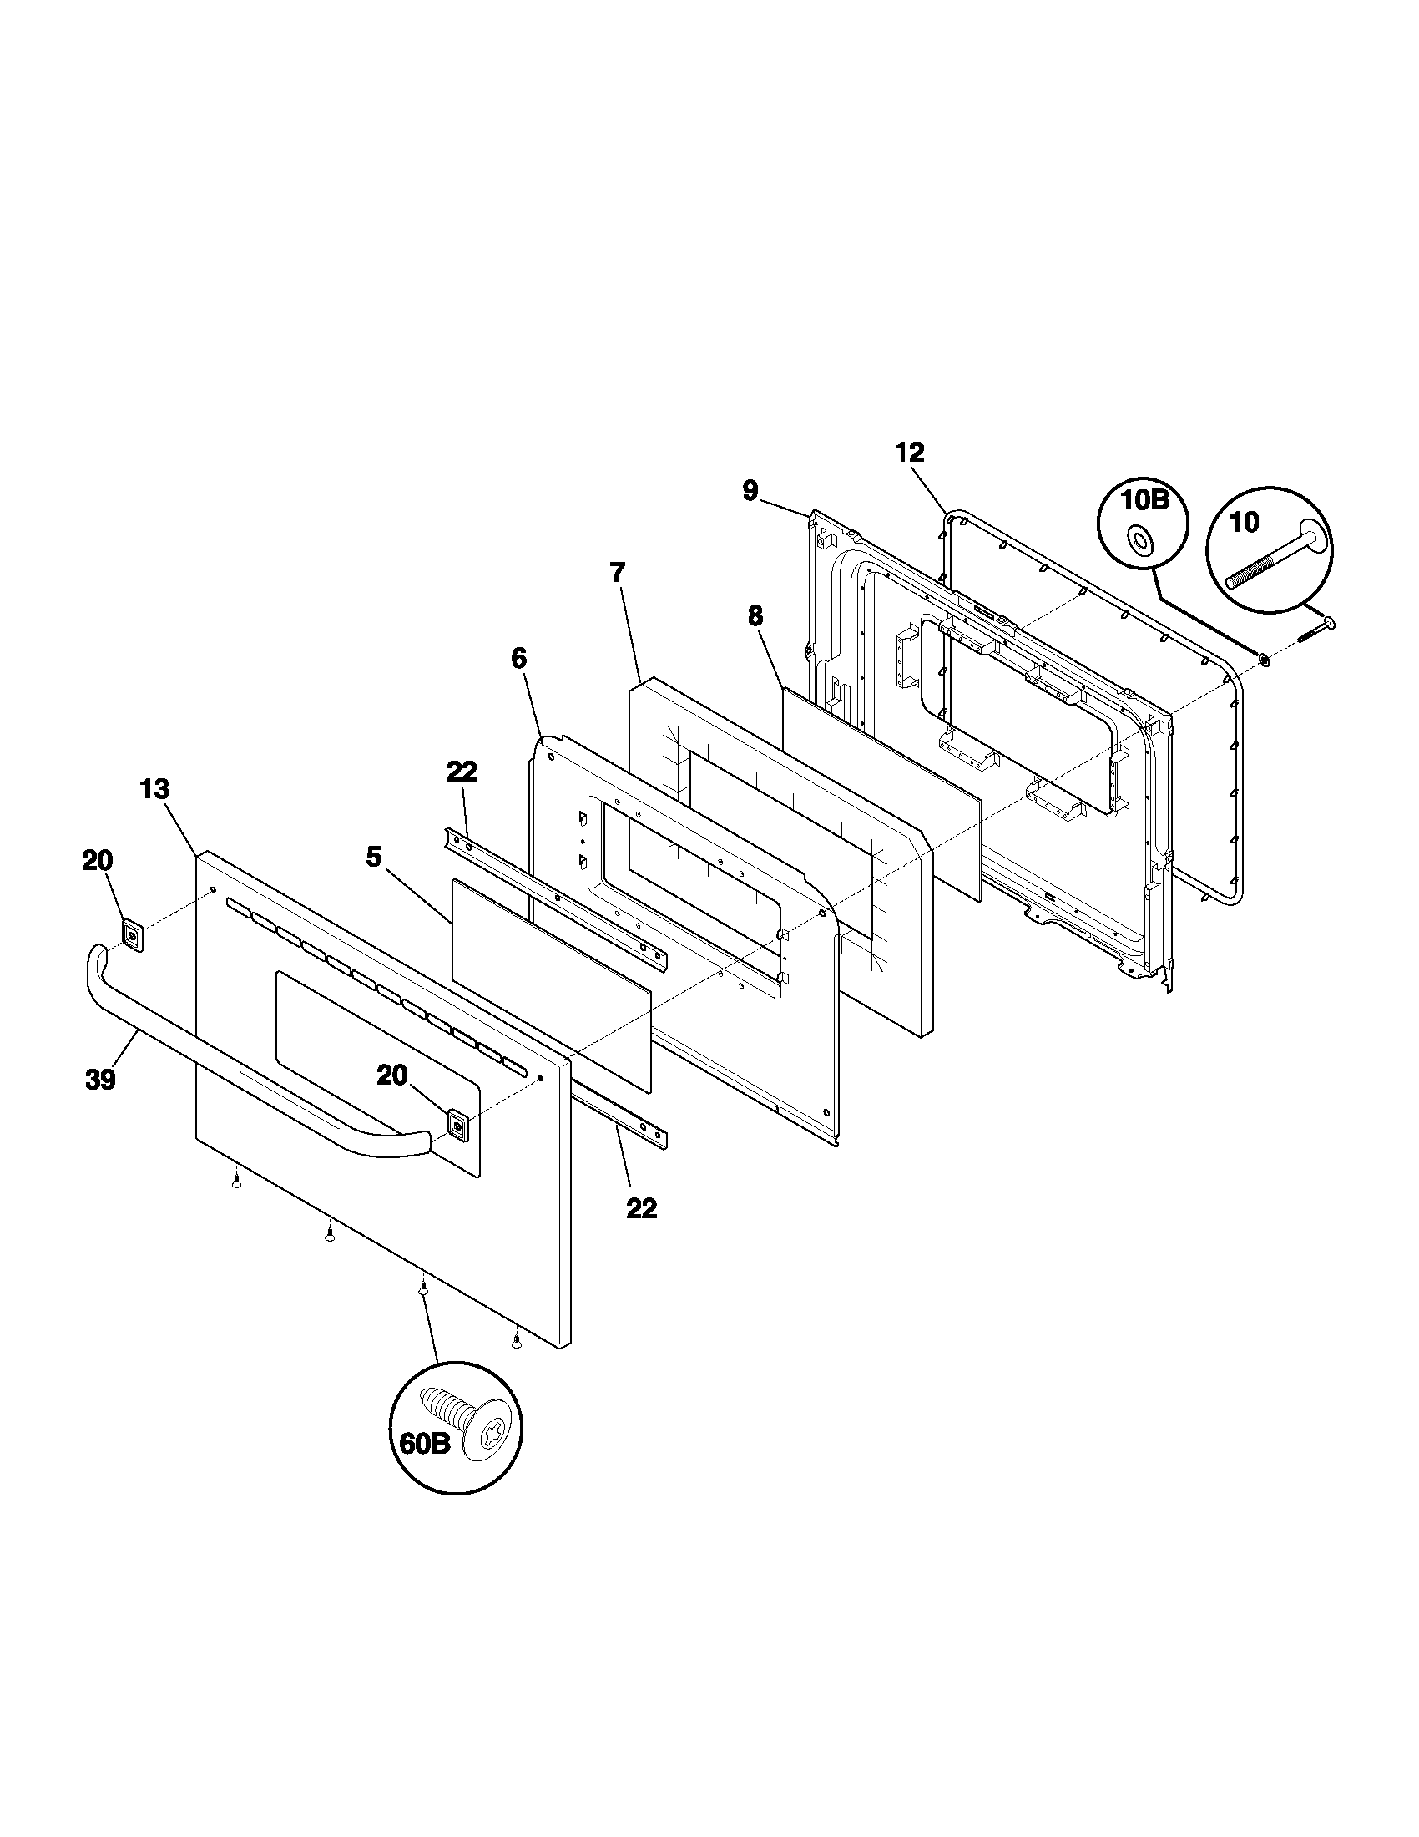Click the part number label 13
[154, 790]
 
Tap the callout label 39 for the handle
[100, 1080]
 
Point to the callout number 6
[518, 658]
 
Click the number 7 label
[618, 573]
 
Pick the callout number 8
[755, 615]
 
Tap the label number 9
[750, 490]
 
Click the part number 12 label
[910, 453]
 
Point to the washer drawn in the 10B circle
[1142, 540]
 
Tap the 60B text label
[422, 1444]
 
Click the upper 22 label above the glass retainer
[462, 772]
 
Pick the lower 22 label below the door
[641, 1209]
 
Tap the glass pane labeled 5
[551, 984]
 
